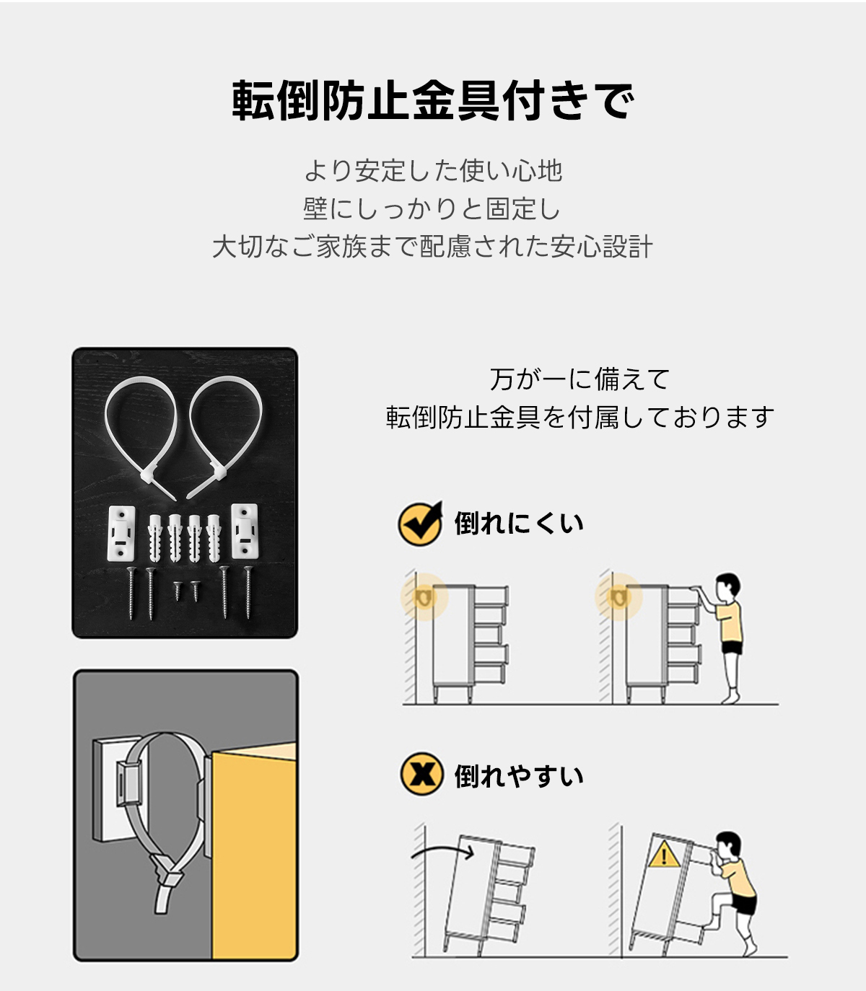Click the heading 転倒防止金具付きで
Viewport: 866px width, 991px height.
(433, 101)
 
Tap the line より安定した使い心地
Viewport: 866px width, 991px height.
(433, 170)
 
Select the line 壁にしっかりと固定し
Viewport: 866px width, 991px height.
(432, 208)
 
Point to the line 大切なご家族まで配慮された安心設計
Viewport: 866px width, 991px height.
(432, 247)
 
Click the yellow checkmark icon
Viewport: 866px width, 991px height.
(420, 524)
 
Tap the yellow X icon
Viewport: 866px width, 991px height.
(422, 774)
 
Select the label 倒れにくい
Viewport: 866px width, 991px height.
(519, 524)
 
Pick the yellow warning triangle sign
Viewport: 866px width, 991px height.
(664, 855)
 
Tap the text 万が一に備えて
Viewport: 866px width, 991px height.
(579, 379)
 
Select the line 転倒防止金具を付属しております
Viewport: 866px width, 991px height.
(579, 417)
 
